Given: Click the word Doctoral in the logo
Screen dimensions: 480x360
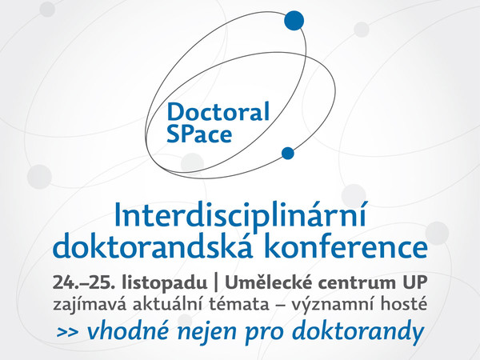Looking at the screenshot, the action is [218, 112].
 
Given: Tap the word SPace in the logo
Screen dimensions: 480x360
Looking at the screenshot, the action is [199, 134].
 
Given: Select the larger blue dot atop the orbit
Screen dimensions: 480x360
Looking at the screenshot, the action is [294, 21].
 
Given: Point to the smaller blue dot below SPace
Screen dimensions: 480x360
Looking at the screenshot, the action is [287, 153].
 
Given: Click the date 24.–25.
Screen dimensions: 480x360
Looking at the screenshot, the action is [84, 282].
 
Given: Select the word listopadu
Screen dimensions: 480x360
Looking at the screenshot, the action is [164, 283].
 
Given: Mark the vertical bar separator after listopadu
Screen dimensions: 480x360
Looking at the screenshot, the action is [217, 283].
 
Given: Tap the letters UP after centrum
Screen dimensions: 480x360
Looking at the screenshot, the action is [414, 282].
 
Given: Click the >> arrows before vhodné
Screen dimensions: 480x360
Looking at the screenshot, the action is [67, 332].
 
